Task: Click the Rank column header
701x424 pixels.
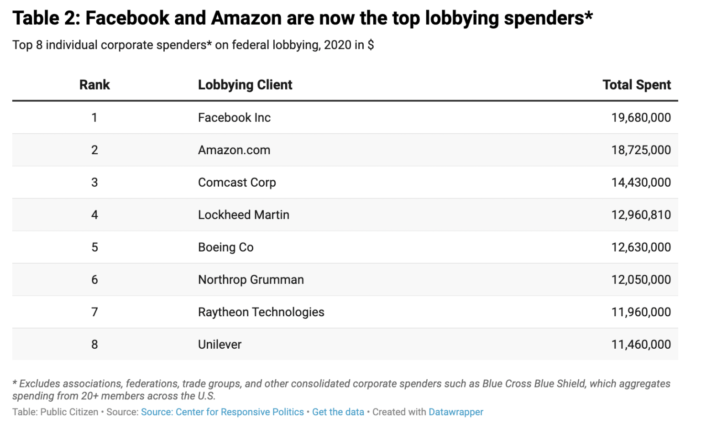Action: [94, 85]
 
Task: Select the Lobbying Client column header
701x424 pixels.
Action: [245, 85]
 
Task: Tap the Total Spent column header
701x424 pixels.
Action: [636, 85]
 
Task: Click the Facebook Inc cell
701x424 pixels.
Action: [234, 118]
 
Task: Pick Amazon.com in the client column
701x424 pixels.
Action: [234, 150]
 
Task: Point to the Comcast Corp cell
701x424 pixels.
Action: [237, 183]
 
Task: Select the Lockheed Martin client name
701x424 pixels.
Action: [244, 215]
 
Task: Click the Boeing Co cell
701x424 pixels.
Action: [226, 247]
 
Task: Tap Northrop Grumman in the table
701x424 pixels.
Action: [251, 280]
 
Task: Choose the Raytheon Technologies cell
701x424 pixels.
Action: [261, 312]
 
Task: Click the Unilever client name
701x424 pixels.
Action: [220, 345]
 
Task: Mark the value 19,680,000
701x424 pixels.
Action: [641, 118]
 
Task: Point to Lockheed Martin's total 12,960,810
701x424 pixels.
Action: [641, 215]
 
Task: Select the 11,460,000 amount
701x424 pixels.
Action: [641, 345]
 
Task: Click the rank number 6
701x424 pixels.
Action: [94, 280]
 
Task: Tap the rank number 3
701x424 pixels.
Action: [94, 183]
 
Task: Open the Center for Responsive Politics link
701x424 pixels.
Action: [222, 412]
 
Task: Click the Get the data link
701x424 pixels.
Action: [338, 412]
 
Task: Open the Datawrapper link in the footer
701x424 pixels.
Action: [455, 412]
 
